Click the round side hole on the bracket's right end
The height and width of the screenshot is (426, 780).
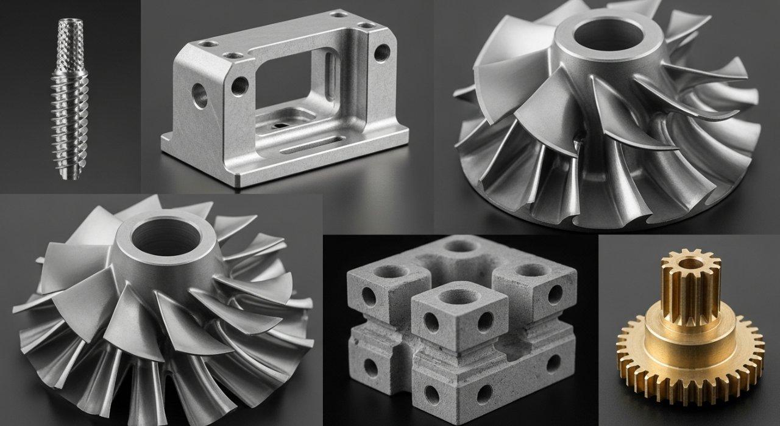[x=381, y=53]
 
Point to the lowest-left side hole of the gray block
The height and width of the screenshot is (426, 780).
[x=370, y=366]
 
